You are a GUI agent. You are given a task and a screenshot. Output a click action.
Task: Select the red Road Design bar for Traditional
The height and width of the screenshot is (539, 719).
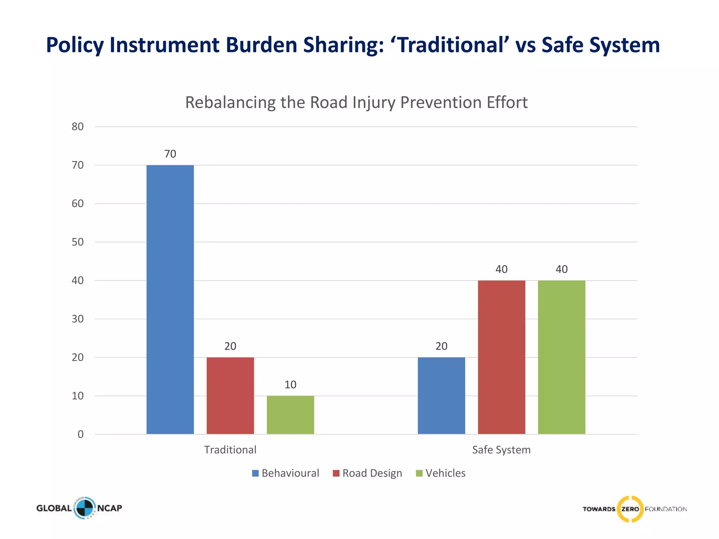coord(230,395)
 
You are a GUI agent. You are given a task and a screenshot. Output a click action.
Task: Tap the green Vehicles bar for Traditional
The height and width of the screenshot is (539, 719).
coord(290,415)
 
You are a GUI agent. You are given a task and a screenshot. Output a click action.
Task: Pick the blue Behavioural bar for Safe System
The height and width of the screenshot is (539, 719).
coord(441,395)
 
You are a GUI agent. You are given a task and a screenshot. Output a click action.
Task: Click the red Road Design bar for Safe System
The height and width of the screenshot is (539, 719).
coord(501,357)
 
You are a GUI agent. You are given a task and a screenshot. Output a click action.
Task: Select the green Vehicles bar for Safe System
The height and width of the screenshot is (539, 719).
coord(561,357)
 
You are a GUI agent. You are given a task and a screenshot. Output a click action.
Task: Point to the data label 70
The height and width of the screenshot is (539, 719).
coord(170,154)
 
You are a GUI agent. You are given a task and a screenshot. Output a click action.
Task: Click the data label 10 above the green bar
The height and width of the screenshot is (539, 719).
coord(290,385)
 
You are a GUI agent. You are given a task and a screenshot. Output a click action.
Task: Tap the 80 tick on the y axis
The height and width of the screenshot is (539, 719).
coord(78,127)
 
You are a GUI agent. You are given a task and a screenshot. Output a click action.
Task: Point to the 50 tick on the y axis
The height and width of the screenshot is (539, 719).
coord(78,242)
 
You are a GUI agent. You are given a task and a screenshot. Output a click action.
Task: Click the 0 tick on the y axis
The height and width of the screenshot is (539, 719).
coord(80,434)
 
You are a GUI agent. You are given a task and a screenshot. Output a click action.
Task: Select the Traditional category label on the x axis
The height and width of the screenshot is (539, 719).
coord(230,450)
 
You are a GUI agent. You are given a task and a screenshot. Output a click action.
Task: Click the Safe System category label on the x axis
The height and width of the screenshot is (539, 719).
coord(501,450)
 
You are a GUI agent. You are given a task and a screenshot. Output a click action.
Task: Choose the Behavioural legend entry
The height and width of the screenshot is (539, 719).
coord(285,473)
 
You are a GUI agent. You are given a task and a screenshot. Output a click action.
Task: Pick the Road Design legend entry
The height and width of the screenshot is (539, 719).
coord(367,473)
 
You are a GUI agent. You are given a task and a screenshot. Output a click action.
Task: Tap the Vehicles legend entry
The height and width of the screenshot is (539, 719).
coord(441,473)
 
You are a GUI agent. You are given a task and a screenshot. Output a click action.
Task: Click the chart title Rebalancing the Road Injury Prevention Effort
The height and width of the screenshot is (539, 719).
coord(356,102)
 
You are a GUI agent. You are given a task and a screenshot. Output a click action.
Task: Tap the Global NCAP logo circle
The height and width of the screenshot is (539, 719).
coord(84,508)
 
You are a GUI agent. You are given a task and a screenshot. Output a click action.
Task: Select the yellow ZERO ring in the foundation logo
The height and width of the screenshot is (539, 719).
coord(630,509)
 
